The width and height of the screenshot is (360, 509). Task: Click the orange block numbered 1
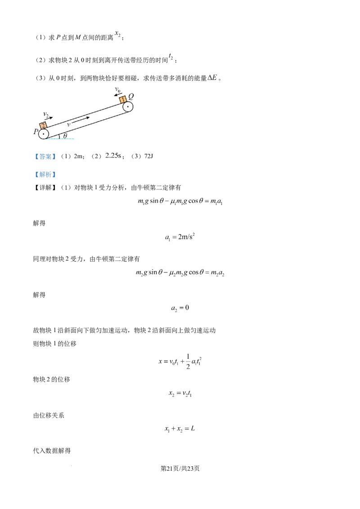pyautogui.click(x=123, y=99)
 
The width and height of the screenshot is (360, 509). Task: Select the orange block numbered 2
pyautogui.click(x=43, y=126)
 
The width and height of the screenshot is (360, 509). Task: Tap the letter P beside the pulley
pyautogui.click(x=34, y=132)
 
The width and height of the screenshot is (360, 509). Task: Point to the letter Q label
pyautogui.click(x=131, y=96)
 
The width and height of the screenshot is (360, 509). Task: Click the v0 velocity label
pyautogui.click(x=118, y=90)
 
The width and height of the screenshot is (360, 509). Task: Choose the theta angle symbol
pyautogui.click(x=65, y=136)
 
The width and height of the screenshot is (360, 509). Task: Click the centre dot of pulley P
pyautogui.click(x=43, y=134)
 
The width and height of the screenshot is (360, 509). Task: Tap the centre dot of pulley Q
pyautogui.click(x=128, y=107)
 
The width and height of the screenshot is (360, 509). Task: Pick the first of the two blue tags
pyautogui.click(x=45, y=156)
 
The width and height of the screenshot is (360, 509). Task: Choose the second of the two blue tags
pyautogui.click(x=45, y=174)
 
